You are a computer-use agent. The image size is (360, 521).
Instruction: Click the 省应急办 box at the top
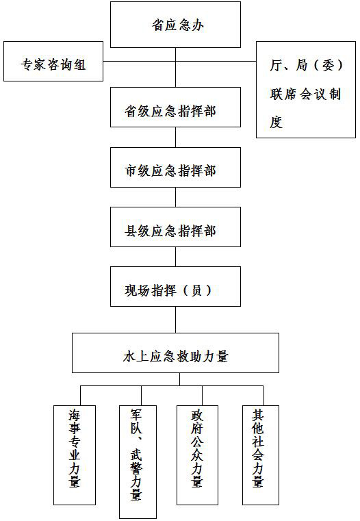[175, 25]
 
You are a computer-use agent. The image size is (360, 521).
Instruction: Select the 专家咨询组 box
[53, 61]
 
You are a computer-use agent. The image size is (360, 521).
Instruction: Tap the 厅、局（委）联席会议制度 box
[306, 90]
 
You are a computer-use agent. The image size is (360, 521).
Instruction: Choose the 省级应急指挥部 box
[175, 107]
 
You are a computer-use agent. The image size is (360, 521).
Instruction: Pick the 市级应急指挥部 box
[175, 167]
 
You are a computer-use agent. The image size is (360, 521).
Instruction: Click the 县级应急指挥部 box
[175, 227]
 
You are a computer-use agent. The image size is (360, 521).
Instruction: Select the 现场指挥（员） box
[175, 286]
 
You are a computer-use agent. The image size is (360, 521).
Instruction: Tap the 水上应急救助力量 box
[175, 353]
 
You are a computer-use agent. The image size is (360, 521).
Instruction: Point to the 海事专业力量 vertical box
[75, 455]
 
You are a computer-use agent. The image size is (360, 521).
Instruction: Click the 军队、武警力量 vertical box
[138, 462]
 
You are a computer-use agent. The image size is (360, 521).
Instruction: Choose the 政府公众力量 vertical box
[197, 455]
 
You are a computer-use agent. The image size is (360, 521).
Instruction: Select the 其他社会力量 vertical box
[261, 455]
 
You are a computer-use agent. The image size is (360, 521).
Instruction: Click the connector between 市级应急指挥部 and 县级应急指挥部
[175, 197]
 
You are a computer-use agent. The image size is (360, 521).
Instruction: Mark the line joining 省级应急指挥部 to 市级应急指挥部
[175, 137]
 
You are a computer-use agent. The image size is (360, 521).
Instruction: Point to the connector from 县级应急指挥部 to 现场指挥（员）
[175, 257]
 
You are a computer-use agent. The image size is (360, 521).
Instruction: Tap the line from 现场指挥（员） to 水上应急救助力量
[175, 320]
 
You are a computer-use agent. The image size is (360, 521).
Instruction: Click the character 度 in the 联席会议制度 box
[277, 122]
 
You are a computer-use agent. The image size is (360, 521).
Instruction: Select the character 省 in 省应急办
[158, 25]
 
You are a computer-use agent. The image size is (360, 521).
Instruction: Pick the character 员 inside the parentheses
[196, 290]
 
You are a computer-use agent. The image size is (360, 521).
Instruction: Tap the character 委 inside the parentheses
[328, 65]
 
